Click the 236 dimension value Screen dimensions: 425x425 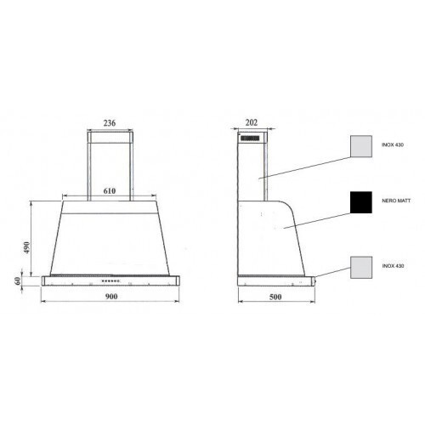110,123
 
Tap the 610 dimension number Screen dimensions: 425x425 110,191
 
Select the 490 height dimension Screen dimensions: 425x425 26,247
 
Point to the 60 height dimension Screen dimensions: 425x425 18,281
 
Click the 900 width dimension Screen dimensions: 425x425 111,297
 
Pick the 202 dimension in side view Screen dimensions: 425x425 252,122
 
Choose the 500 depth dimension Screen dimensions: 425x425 275,297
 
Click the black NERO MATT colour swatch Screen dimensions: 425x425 361,202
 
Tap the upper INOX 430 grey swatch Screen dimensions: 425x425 361,146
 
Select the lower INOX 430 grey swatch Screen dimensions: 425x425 361,268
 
